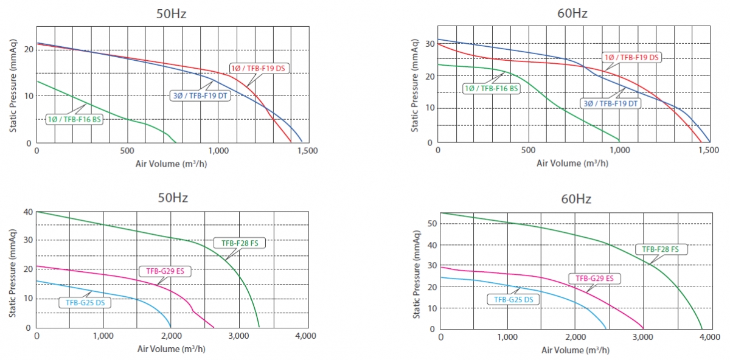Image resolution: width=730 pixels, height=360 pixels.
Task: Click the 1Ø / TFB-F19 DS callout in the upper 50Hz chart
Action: click(x=258, y=68)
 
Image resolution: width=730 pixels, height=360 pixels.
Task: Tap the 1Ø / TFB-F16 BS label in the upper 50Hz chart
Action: click(x=74, y=119)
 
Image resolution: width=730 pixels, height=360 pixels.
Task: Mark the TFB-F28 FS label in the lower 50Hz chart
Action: click(x=240, y=243)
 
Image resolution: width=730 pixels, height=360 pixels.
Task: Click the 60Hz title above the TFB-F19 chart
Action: click(x=572, y=13)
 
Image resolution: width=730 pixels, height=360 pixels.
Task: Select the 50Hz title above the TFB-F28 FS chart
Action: click(x=172, y=198)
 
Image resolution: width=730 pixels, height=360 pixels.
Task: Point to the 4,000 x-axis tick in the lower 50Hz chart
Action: click(x=305, y=336)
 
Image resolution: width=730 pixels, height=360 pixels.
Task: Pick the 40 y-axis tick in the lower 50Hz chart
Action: click(x=28, y=212)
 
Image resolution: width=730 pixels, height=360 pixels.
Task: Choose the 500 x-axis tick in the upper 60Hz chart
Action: click(x=528, y=151)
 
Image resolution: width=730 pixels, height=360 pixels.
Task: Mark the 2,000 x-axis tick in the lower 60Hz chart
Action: click(x=575, y=337)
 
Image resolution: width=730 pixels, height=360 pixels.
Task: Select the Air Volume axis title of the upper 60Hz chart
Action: click(x=572, y=163)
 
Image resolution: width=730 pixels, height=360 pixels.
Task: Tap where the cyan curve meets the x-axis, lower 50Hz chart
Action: click(x=171, y=327)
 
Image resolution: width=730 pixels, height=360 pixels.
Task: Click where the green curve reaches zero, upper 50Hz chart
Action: click(x=175, y=143)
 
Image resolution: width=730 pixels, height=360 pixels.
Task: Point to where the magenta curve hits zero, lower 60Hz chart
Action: click(x=644, y=329)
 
